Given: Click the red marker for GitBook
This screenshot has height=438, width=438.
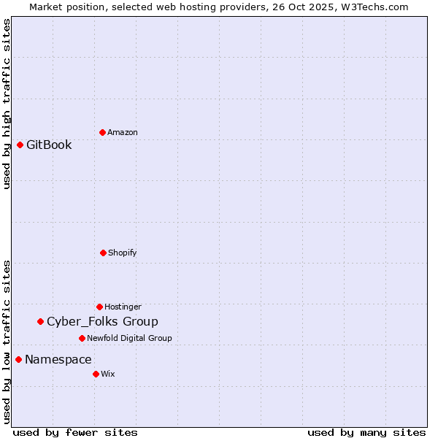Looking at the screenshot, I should pos(20,145).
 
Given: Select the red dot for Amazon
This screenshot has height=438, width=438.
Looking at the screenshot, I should pos(102,132).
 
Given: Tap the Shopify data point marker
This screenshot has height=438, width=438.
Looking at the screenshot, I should pos(103,253).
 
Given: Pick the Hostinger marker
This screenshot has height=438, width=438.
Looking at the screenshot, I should pos(99,307).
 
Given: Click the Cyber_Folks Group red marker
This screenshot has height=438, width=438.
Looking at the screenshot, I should pos(40,321).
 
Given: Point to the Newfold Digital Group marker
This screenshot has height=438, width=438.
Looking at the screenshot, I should pos(82,338).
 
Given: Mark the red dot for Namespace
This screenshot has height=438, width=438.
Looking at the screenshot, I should pos(18,359).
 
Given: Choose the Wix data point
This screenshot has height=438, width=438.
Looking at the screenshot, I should pos(96,374).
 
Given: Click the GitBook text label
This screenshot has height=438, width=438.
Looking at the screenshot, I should pos(49,145).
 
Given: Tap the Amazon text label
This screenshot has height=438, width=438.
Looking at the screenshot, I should pos(123,132).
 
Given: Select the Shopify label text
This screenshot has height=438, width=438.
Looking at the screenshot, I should pos(123,253).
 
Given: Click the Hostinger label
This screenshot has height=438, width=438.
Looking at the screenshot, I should pos(123,307).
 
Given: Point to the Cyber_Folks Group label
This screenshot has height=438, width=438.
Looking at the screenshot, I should pos(102,321).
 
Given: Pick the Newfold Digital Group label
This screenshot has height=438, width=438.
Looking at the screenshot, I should pos(129,338).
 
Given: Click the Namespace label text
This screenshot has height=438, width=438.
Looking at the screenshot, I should pos(58,359).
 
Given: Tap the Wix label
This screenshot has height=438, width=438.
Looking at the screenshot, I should pos(108,374).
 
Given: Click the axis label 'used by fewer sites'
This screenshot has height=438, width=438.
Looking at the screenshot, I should pos(75,432).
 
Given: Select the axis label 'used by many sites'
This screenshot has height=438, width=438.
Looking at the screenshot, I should pos(366,432).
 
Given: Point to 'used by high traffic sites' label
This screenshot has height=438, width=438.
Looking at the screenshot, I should pos(7,104).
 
